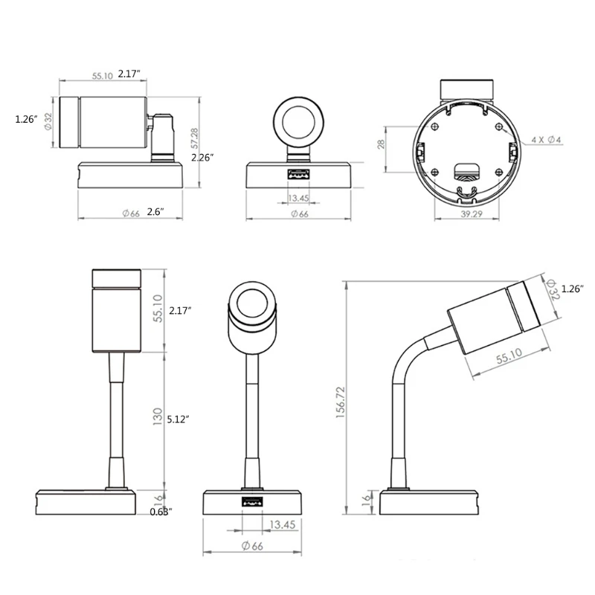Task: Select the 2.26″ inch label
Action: coord(202,158)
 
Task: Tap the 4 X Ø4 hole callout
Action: coord(547,140)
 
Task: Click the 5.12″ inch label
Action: coord(180,419)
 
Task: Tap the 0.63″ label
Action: coord(161,512)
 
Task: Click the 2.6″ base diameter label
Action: coord(155,212)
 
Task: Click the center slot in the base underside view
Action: coord(467,170)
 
